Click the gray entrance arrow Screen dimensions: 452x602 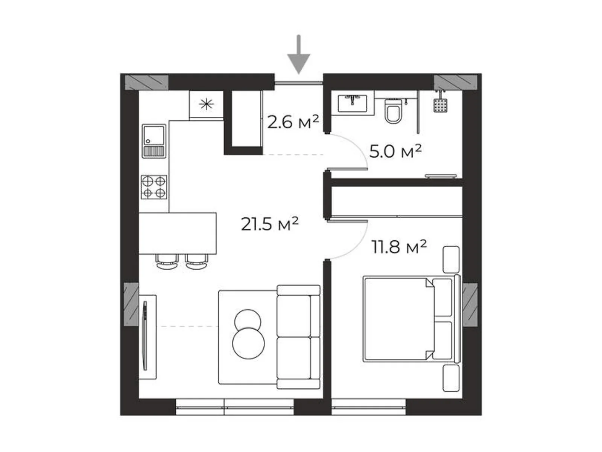[x=299, y=56]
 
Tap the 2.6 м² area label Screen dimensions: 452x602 [x=293, y=122]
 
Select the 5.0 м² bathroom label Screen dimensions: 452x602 [x=395, y=151]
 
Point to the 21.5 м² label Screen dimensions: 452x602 [x=269, y=224]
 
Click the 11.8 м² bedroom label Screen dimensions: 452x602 [x=399, y=247]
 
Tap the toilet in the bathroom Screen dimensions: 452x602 [x=394, y=111]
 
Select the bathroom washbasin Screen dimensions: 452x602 [x=352, y=103]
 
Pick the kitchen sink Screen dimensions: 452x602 [x=154, y=140]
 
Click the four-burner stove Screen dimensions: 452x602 [x=154, y=187]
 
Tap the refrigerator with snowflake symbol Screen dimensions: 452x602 [x=206, y=104]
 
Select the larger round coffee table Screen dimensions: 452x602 [x=248, y=343]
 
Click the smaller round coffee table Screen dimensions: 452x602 [x=248, y=321]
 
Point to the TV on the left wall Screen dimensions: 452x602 [x=145, y=336]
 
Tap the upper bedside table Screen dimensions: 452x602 [x=451, y=260]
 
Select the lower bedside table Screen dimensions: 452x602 [x=451, y=378]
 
